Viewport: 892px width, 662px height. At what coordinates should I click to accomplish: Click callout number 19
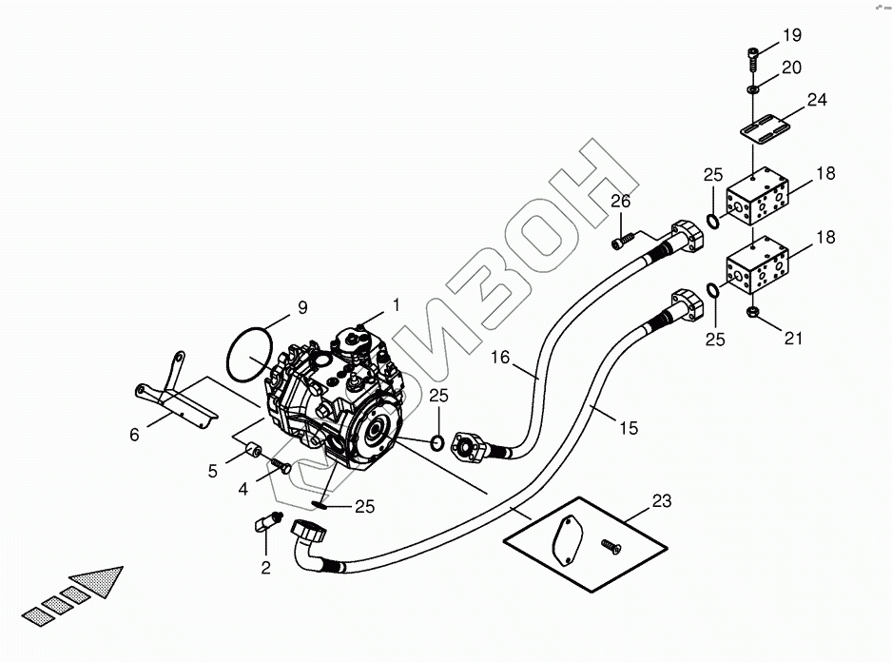792,36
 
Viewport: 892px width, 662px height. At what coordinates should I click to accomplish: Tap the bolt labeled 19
751,57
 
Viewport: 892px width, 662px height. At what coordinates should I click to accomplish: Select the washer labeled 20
751,88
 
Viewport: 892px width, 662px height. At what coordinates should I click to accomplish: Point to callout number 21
794,336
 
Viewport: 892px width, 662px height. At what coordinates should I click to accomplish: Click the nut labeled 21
753,311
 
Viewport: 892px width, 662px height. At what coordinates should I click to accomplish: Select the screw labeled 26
620,243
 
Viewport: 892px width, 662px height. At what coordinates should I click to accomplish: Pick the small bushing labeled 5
253,450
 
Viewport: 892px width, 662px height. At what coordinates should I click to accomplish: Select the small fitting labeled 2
267,522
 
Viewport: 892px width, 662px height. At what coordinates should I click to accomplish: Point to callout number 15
629,429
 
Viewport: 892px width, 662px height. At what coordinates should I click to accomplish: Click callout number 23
662,499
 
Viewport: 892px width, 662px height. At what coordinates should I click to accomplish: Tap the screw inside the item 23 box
609,546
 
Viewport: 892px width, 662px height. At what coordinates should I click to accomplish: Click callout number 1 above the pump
393,305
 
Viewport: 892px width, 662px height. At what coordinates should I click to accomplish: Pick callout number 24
817,100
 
